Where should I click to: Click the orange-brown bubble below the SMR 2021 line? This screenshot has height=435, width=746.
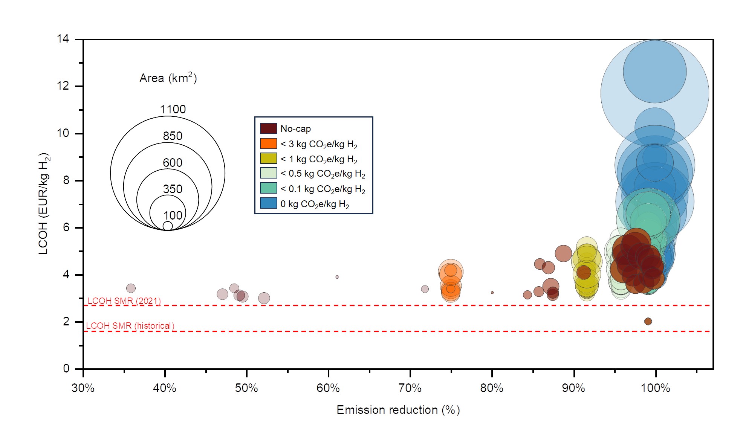coord(648,321)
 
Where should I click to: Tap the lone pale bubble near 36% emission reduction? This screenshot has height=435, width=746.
coord(131,288)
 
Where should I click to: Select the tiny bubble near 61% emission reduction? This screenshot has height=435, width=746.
coord(337,277)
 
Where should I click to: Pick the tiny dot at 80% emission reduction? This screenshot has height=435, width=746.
coord(492,293)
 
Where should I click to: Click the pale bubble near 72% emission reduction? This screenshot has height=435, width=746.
coord(425,289)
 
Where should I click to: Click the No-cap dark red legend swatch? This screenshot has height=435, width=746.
coord(269,128)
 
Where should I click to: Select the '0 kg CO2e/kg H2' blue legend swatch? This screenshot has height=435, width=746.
coord(269,203)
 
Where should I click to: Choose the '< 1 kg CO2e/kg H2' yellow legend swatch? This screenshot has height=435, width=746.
coord(269,159)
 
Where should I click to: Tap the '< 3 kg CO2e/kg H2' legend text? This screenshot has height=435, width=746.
coord(319,144)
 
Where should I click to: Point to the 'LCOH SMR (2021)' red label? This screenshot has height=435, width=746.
coord(124,301)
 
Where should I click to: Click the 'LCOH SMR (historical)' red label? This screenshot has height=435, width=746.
coord(130,326)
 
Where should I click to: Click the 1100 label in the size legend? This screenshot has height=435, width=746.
coord(173,110)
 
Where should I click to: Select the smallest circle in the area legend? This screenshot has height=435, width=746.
coord(168,226)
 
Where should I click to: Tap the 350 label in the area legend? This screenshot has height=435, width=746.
coord(173,189)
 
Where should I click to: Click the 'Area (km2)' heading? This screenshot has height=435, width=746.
coord(168,78)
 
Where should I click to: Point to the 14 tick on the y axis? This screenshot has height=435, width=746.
coord(63,39)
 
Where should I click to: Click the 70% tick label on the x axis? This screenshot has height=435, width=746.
coord(410,388)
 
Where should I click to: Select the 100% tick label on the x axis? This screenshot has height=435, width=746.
coord(655,388)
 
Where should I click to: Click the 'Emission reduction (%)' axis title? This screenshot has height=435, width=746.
coord(398,410)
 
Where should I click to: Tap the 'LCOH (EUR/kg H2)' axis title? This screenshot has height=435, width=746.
coord(44,203)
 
